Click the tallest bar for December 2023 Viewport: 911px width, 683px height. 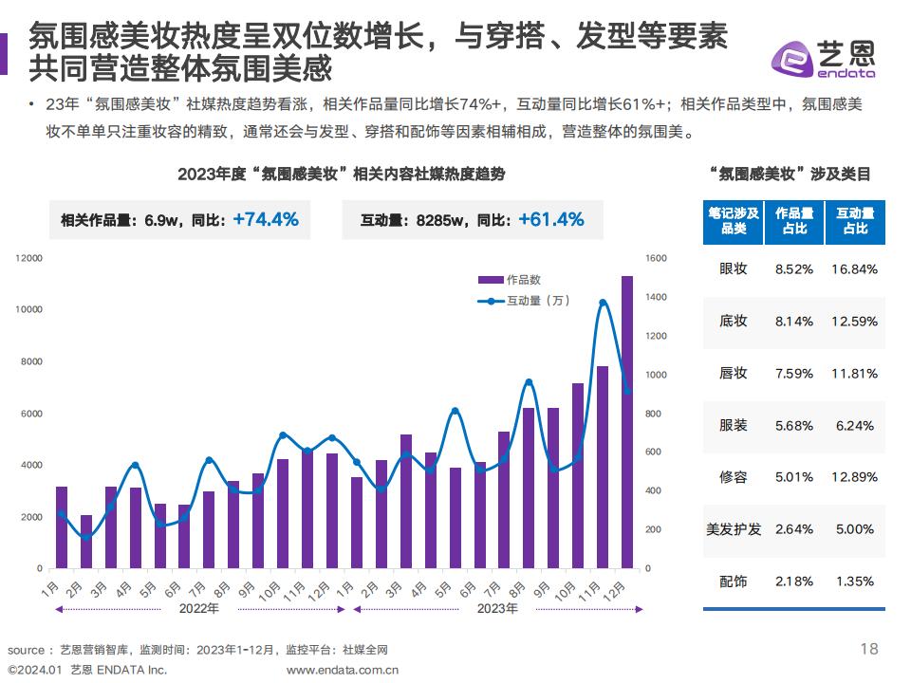coord(627,422)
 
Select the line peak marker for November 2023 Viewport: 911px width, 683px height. coord(603,303)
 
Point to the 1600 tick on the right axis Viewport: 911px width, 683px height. coord(656,258)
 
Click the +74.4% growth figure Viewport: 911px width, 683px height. coord(266,220)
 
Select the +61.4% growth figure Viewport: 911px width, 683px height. coord(550,220)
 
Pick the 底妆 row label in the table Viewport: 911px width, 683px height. coord(734,321)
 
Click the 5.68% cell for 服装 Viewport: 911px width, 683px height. coord(794,425)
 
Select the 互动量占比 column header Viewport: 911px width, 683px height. coord(855,221)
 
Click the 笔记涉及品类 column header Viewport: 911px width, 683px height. coord(733,221)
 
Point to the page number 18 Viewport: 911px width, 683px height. coord(868,649)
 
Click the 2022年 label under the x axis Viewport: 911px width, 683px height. coord(199,608)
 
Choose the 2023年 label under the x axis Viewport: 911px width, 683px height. coord(496,608)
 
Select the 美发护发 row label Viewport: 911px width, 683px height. coord(734,528)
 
